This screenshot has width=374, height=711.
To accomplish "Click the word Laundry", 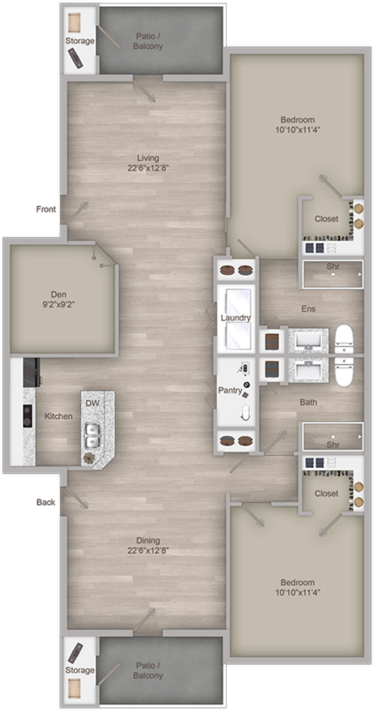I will tap(235, 318).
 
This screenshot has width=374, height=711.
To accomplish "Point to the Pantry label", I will tap(229, 391).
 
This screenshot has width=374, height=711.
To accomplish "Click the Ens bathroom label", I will tap(309, 309).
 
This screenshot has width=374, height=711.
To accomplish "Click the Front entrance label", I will tap(47, 209).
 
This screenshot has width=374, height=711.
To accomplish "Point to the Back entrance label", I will tap(46, 502).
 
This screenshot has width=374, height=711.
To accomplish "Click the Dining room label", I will tap(147, 540).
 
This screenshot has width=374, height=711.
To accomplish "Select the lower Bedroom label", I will tap(298, 583).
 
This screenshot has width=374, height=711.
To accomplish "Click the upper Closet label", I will tap(326, 219).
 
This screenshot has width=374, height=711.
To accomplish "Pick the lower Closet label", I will tap(326, 494).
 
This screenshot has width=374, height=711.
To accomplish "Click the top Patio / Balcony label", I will tap(147, 42).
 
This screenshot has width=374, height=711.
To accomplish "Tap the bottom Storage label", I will tap(80, 670).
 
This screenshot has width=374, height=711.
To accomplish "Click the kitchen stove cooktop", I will tap(28, 416).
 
